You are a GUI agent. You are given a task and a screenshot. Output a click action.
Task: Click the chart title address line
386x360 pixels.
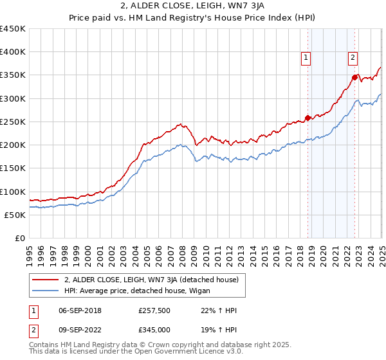(193, 6)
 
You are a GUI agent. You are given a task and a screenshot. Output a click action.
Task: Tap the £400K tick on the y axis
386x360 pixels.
(13, 52)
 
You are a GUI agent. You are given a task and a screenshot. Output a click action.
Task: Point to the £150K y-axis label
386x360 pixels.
(13, 168)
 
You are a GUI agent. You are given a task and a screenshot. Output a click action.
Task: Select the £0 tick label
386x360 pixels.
(21, 238)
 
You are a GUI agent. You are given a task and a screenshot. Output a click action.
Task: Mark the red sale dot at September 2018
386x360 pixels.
(308, 118)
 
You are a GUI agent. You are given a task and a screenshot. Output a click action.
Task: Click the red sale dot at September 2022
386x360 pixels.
(354, 77)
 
